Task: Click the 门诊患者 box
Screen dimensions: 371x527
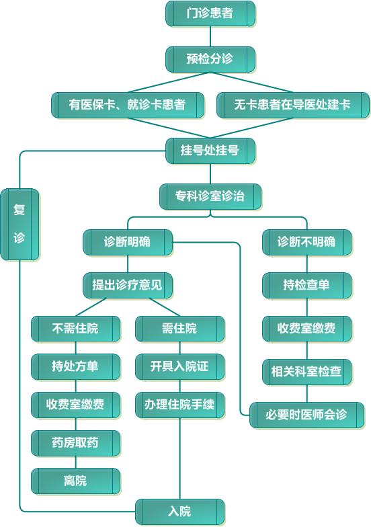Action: point(210,13)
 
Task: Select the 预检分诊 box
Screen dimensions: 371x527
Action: point(210,59)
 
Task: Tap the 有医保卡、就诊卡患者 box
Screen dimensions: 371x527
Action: point(128,105)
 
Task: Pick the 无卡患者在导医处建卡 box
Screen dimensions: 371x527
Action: point(293,105)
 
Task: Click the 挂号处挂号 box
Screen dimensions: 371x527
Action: point(210,151)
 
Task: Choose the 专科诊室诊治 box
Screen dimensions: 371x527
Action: point(210,196)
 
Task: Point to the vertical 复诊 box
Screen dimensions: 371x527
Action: point(19,225)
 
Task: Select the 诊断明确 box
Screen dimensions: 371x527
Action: point(128,242)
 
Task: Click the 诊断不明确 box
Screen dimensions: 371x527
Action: point(306,242)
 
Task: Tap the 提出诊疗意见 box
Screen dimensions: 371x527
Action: point(128,285)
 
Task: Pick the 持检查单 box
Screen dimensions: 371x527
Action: point(306,285)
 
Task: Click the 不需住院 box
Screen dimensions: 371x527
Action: point(75,329)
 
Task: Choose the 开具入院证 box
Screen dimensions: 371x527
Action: point(180,367)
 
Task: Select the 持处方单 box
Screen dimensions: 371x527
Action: point(75,367)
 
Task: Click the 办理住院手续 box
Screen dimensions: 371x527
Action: point(180,405)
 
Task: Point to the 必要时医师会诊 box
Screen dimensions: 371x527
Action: point(306,415)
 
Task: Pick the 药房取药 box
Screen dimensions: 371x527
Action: point(75,443)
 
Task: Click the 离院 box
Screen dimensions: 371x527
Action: point(75,481)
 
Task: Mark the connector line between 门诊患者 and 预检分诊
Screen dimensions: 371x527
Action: point(210,36)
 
